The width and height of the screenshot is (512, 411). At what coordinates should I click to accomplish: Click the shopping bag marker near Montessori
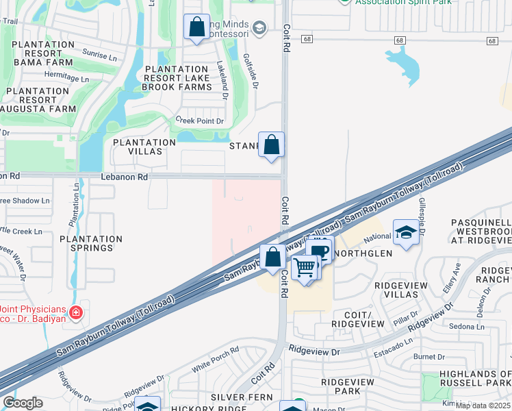(197, 28)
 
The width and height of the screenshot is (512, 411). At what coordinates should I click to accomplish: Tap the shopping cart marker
(305, 266)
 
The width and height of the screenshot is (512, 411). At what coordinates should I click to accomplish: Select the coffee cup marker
(319, 250)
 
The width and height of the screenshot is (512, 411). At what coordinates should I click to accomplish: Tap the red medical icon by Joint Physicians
(75, 314)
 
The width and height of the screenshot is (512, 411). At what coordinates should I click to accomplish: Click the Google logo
(22, 403)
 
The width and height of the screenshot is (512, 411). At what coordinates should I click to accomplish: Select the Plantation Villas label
(144, 147)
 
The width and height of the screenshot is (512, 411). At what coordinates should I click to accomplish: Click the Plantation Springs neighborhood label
(91, 243)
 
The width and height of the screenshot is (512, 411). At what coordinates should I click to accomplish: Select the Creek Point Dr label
(200, 121)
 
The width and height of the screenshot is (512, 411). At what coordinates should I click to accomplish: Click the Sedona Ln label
(468, 327)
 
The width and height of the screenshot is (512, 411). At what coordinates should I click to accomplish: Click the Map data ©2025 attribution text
(483, 406)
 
